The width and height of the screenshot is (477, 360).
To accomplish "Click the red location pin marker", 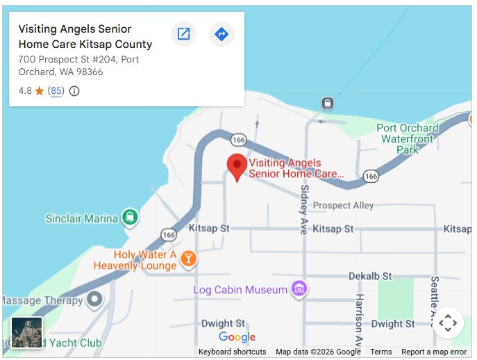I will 237,166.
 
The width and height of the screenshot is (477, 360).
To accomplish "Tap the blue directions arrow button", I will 221,34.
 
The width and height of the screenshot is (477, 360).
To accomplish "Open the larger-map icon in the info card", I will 183,34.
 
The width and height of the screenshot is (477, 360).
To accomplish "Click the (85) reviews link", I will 56,91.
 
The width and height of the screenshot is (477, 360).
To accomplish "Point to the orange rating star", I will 40,91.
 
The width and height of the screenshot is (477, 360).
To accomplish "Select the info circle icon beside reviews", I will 74,91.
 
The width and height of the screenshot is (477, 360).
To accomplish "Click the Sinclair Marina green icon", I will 130,218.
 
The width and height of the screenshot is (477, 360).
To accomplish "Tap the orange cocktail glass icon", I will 187,259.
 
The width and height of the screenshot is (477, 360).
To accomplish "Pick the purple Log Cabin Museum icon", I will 299,288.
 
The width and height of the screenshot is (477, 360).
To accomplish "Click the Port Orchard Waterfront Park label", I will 408,138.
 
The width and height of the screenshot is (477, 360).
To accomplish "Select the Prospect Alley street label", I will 343,206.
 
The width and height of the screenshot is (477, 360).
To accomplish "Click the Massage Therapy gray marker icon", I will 94,300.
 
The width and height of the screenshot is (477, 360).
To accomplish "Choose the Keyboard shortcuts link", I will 232,352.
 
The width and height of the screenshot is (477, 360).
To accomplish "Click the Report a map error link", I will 434,352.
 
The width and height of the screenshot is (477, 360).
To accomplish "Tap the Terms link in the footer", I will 381,352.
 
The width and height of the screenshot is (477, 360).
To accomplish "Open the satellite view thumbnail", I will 27,332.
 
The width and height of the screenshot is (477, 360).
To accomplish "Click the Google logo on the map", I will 237,337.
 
